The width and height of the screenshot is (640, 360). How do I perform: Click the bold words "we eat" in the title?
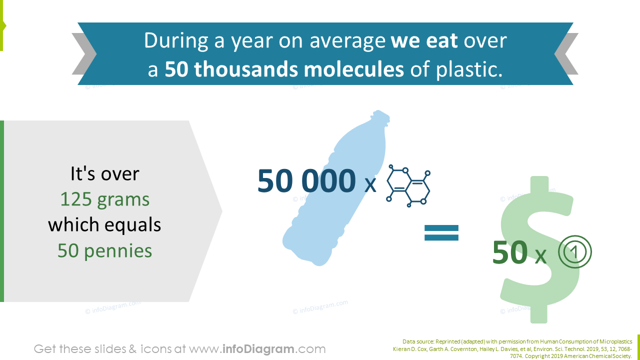(424, 40)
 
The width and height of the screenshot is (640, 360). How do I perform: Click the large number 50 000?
(306, 181)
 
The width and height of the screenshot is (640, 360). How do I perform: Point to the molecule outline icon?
(408, 186)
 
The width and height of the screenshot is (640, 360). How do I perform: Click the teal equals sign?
(441, 232)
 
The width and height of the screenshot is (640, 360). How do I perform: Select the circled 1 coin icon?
(575, 252)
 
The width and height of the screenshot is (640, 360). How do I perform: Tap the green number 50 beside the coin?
(509, 253)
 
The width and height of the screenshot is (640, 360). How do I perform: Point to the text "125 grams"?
(104, 199)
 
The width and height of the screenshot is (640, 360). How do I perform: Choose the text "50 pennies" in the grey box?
(104, 250)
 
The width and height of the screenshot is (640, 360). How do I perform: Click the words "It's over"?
(104, 173)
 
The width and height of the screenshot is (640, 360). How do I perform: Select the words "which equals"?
(104, 225)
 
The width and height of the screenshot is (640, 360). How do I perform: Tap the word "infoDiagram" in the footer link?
(258, 349)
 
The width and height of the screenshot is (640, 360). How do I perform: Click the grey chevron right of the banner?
(567, 54)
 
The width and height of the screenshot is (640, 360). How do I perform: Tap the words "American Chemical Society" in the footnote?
(600, 356)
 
